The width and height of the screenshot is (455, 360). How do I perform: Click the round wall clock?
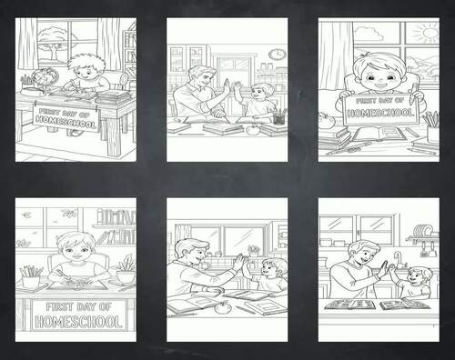(x=275, y=55)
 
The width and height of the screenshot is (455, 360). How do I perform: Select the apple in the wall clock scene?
(x=251, y=129)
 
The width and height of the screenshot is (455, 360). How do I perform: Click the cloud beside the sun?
(x=368, y=35)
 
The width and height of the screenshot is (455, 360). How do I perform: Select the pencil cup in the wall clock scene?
(x=276, y=115)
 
